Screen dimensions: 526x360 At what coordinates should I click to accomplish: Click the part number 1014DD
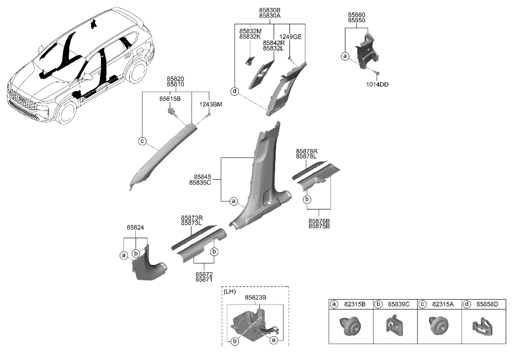click(377, 85)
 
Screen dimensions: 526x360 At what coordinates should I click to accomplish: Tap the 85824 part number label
click(135, 228)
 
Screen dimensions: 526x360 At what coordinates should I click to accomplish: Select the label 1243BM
click(211, 104)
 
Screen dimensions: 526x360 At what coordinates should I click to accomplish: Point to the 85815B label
click(170, 99)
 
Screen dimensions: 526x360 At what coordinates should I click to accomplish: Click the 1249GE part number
click(290, 37)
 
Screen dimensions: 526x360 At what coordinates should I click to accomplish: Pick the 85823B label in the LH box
click(256, 298)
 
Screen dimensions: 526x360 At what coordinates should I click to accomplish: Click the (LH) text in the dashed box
click(230, 292)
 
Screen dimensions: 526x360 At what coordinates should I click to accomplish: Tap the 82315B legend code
click(355, 304)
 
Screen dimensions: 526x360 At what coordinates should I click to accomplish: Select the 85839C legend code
click(399, 304)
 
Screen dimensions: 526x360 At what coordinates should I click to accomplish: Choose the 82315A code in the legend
click(443, 304)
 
